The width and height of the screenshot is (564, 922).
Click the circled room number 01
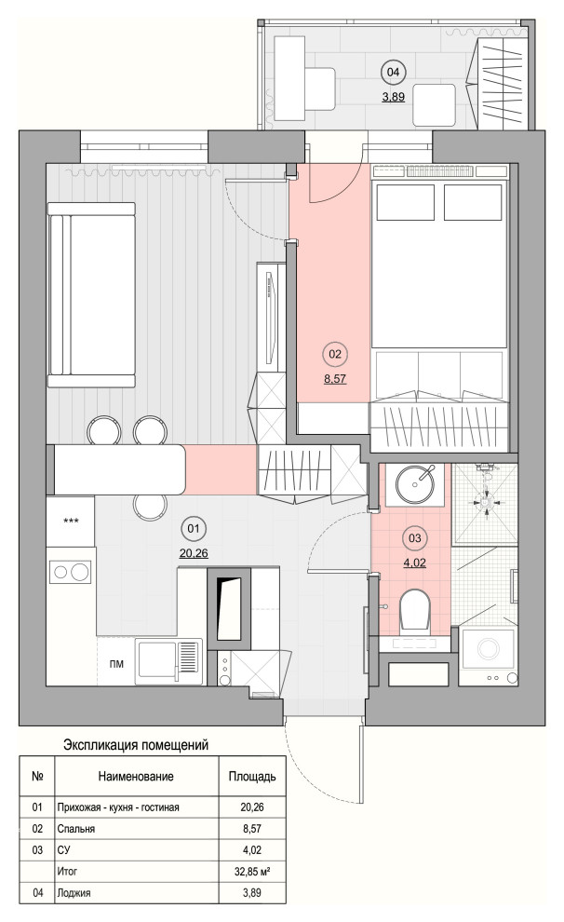pos(193,529)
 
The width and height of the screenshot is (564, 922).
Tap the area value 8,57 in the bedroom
pos(335,379)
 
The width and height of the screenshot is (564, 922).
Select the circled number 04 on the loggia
pos(393,72)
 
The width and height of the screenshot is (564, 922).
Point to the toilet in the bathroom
pos(415,614)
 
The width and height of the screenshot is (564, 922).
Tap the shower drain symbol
pos(486,503)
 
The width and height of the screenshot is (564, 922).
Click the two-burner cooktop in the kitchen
pos(70,572)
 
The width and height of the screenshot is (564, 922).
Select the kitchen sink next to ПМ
pos(169,662)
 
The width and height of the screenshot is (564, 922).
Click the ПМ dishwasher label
pos(116,664)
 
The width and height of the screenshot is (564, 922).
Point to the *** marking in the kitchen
pos(71,521)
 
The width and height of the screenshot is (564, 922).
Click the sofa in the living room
pos(91,295)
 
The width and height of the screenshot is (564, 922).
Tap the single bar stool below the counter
pos(149,507)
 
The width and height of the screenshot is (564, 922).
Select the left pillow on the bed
pos(405,202)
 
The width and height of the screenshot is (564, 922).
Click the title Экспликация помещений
pos(136,745)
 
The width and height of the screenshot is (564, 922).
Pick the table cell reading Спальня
pos(75,829)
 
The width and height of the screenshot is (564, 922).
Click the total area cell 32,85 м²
pos(252,871)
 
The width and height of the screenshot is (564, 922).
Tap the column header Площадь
pos(252,776)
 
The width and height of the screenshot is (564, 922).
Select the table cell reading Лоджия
pos(74,892)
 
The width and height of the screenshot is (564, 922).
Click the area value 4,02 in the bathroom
pos(415,563)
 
